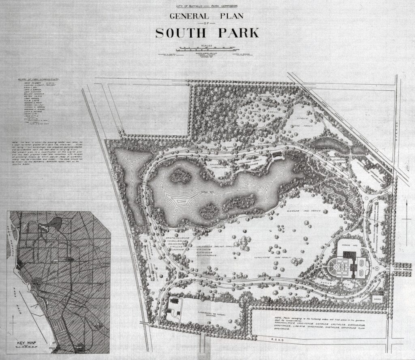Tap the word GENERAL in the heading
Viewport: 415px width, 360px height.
186,17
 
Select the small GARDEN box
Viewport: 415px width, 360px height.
379,298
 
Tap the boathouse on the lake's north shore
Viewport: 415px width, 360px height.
277,155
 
